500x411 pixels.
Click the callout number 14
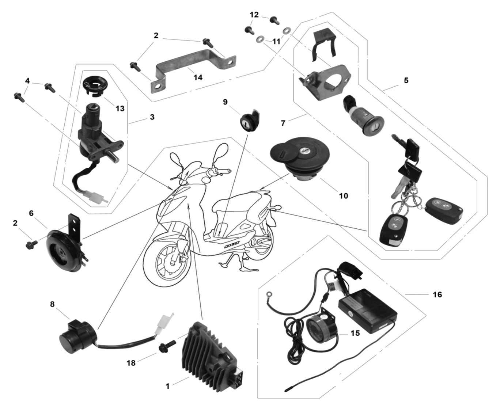[x=198, y=77]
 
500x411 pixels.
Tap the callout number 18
[x=131, y=362]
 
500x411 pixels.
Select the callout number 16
[x=437, y=294]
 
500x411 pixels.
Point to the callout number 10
[x=343, y=196]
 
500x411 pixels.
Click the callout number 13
[x=120, y=109]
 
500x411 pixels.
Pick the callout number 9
[x=225, y=102]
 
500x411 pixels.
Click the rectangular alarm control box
[x=367, y=310]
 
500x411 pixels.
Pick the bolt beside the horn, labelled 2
[x=31, y=244]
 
